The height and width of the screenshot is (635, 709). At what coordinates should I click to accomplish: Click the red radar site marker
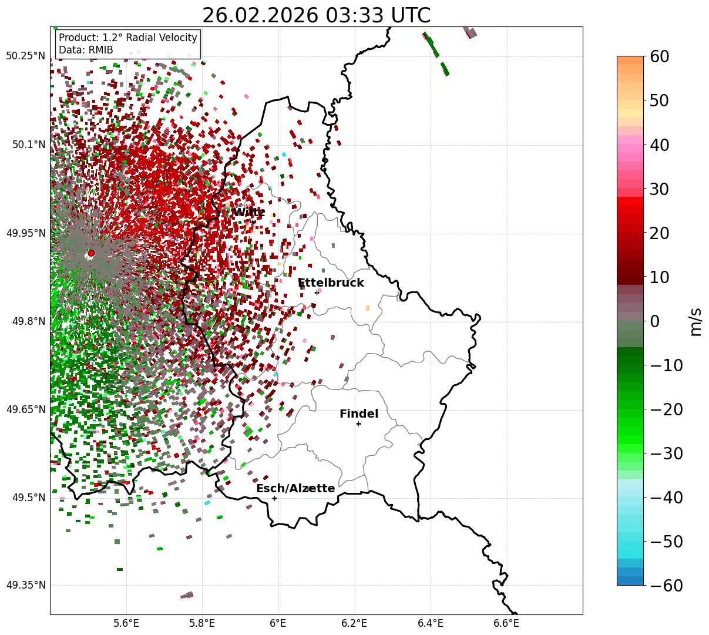pyautogui.click(x=91, y=253)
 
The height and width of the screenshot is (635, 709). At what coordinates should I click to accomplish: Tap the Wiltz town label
pyautogui.click(x=248, y=212)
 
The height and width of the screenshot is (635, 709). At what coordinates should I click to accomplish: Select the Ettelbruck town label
pyautogui.click(x=331, y=283)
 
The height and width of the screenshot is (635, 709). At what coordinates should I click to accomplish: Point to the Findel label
pyautogui.click(x=358, y=414)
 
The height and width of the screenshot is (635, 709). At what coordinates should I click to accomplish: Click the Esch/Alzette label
pyautogui.click(x=295, y=489)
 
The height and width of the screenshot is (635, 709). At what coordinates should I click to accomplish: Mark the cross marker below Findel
pyautogui.click(x=358, y=424)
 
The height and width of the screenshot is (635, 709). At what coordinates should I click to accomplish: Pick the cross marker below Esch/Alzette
pyautogui.click(x=274, y=498)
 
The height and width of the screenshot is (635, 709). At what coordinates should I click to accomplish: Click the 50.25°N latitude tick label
pyautogui.click(x=25, y=56)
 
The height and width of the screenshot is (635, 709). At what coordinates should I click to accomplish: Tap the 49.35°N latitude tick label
pyautogui.click(x=25, y=586)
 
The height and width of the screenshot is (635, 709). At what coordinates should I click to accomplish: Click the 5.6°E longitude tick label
pyautogui.click(x=126, y=623)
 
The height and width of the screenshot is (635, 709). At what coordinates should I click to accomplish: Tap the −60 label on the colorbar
pyautogui.click(x=666, y=586)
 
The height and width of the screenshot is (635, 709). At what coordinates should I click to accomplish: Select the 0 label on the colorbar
pyautogui.click(x=655, y=321)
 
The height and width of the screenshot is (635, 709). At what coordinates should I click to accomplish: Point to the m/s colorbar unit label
pyautogui.click(x=695, y=321)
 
